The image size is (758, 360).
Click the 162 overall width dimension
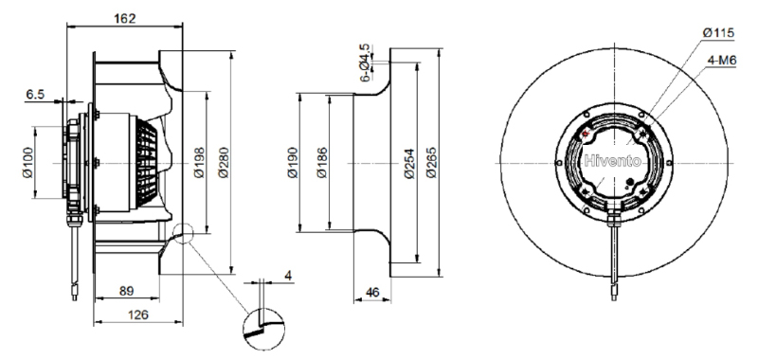click(x=125, y=18)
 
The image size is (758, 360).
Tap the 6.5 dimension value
click(x=35, y=94)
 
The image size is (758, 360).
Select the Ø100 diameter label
click(x=28, y=162)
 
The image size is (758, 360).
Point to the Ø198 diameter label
click(x=199, y=162)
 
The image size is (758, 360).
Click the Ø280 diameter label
click(x=224, y=162)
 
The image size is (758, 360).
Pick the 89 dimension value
click(x=126, y=291)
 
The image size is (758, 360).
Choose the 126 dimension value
click(x=137, y=315)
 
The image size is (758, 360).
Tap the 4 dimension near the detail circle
click(x=288, y=276)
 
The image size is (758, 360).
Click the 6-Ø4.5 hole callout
click(x=365, y=63)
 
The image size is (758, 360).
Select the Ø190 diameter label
click(x=293, y=162)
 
